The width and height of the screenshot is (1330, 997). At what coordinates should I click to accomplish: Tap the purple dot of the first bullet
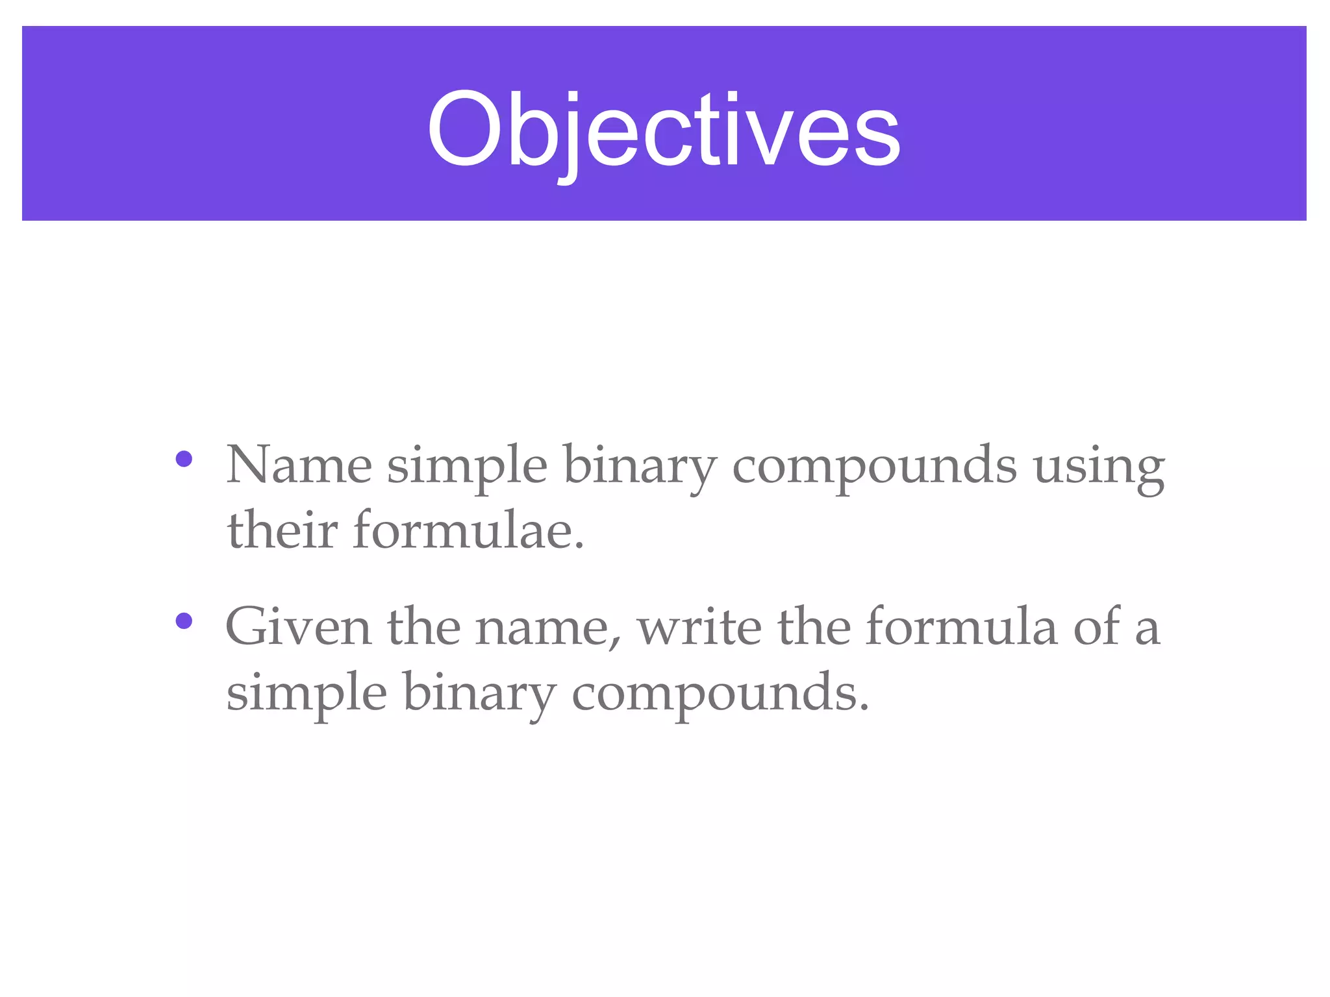pyautogui.click(x=184, y=459)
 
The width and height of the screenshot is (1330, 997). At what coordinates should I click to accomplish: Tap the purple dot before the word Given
pyautogui.click(x=184, y=621)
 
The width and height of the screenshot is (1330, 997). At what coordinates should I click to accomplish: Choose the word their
pyautogui.click(x=282, y=530)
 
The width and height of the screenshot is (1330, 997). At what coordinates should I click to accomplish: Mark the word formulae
pyautogui.click(x=468, y=530)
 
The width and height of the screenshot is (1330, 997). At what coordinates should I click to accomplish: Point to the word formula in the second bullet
pyautogui.click(x=962, y=627)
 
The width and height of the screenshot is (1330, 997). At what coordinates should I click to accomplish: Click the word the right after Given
pyautogui.click(x=424, y=627)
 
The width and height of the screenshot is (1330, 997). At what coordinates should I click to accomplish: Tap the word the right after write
pyautogui.click(x=814, y=627)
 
